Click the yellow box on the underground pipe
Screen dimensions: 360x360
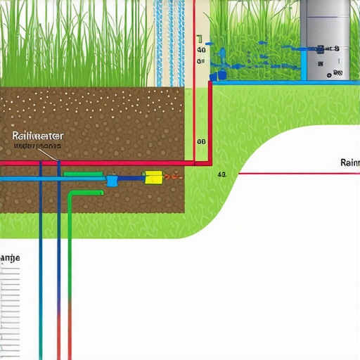pyautogui.click(x=153, y=178)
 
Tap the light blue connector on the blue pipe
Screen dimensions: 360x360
pyautogui.click(x=112, y=181)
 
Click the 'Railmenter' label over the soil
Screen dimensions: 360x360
pyautogui.click(x=38, y=136)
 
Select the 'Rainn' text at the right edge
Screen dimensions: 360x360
pyautogui.click(x=349, y=162)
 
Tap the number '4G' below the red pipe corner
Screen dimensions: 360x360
pyautogui.click(x=222, y=174)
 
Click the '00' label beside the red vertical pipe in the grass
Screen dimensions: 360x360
pyautogui.click(x=201, y=141)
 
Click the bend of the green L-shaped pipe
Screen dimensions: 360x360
pyautogui.click(x=72, y=194)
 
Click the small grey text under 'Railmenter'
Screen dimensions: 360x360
pyautogui.click(x=37, y=146)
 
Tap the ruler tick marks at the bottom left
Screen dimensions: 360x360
pyautogui.click(x=11, y=309)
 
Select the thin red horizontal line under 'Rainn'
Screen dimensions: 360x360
pyautogui.click(x=295, y=173)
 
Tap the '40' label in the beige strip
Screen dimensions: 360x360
pyautogui.click(x=201, y=50)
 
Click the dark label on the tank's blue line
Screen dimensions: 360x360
pyautogui.click(x=328, y=49)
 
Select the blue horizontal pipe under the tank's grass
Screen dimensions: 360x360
pyautogui.click(x=281, y=82)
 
